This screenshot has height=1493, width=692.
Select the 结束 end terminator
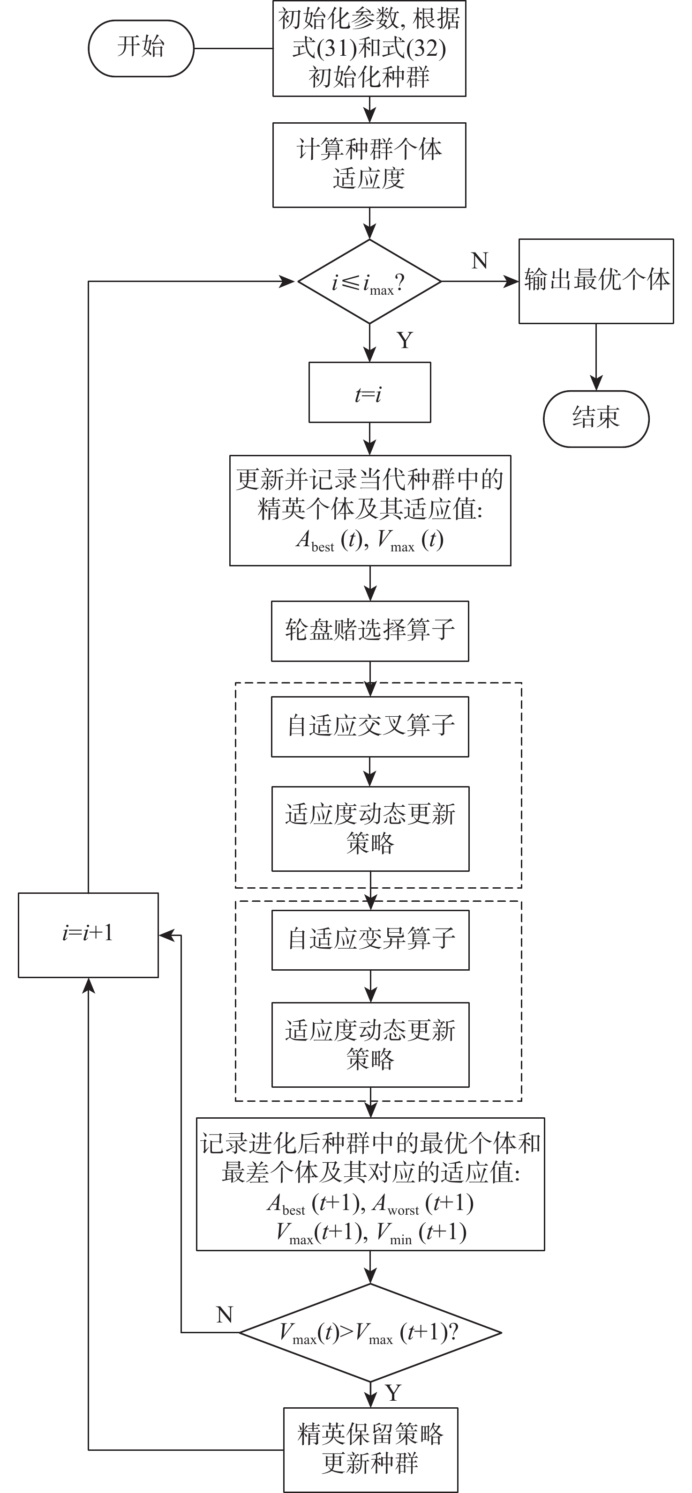(596, 418)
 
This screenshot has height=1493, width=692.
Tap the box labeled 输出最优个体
(596, 281)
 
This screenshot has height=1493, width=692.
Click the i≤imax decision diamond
(369, 282)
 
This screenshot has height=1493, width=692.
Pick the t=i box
(369, 393)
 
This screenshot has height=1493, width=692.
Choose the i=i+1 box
(88, 935)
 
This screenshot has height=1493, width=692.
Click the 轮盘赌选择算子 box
(369, 631)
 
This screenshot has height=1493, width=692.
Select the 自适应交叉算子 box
(369, 726)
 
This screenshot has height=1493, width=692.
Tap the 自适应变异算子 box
(370, 939)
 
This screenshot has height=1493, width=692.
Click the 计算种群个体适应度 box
(369, 164)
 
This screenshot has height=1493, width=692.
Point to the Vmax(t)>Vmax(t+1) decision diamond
(370, 1332)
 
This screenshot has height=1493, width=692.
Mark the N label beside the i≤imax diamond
(479, 261)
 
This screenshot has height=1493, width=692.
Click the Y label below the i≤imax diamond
(405, 340)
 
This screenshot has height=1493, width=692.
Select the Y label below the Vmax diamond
(393, 1392)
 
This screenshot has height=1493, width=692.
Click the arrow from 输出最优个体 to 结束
(596, 357)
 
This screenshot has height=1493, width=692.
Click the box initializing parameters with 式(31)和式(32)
(369, 48)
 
